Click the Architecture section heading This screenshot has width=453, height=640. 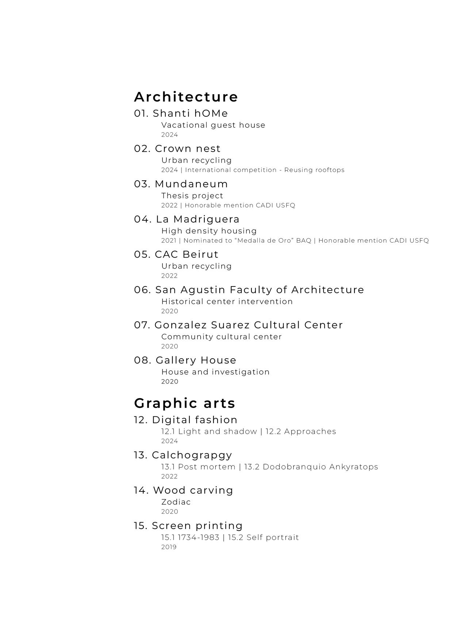[186, 97]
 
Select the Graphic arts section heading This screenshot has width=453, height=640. [184, 403]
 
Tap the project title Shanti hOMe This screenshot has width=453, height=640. [190, 113]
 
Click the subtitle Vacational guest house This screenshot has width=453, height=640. [213, 125]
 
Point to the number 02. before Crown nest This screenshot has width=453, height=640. [142, 149]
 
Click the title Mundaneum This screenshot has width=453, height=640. [191, 184]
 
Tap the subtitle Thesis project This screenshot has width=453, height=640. [192, 196]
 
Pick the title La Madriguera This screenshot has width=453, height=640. [197, 219]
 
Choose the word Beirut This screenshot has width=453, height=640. [200, 254]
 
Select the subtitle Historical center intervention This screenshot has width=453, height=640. [227, 302]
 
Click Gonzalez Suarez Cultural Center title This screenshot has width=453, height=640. [249, 325]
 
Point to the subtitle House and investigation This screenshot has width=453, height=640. [215, 372]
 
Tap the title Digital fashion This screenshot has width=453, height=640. [195, 420]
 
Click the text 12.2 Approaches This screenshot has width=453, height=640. [301, 432]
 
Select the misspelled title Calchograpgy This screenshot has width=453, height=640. [192, 455]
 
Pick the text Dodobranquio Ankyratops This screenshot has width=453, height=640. [320, 467]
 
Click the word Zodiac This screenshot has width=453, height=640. [176, 502]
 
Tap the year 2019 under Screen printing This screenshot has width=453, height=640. [169, 547]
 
